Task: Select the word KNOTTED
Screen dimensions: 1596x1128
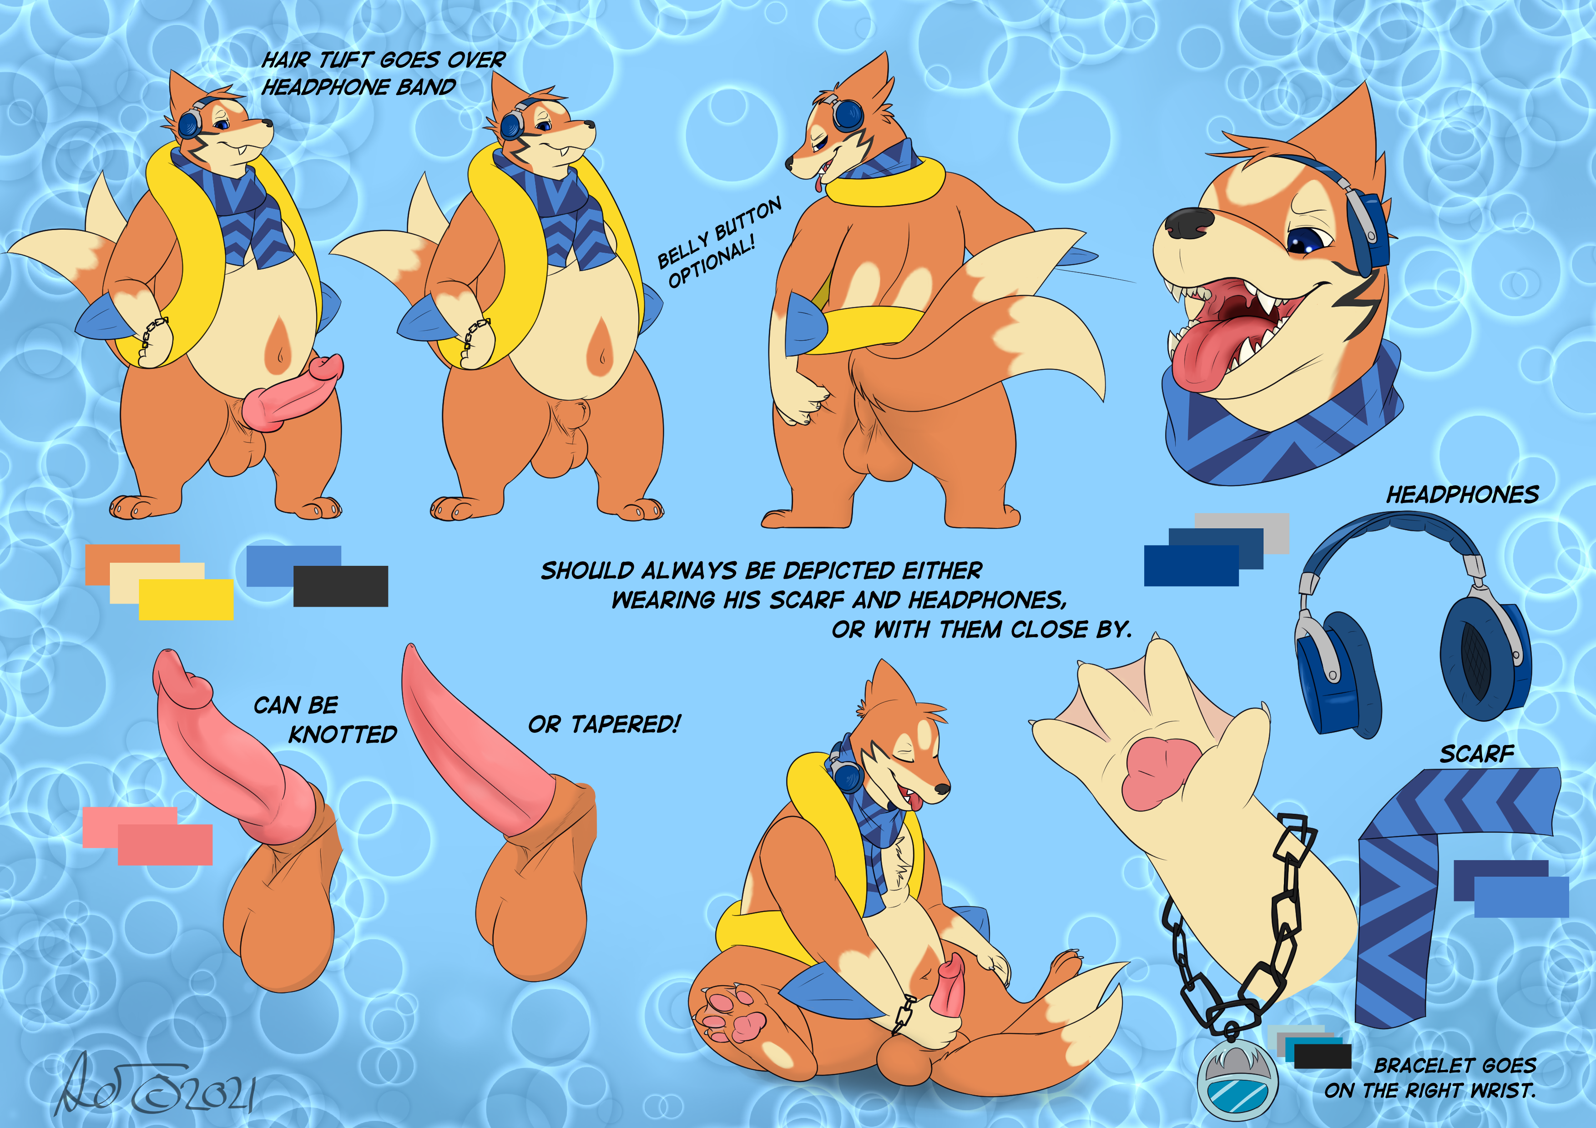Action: point(343,734)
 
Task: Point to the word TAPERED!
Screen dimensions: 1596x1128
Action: point(626,724)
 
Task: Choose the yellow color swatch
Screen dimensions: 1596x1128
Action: point(186,599)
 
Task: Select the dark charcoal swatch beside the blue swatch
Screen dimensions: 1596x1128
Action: point(341,586)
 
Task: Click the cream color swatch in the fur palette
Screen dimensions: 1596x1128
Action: point(157,582)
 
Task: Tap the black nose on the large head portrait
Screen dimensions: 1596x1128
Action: point(1189,222)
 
